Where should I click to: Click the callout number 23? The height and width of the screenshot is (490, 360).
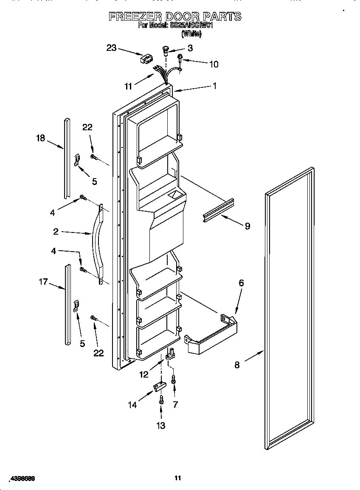[111, 48]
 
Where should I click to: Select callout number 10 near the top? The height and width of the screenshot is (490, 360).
[214, 64]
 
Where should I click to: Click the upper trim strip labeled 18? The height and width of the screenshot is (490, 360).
[67, 157]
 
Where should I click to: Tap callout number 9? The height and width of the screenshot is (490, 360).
[247, 226]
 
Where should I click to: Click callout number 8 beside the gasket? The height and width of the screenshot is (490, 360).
[237, 364]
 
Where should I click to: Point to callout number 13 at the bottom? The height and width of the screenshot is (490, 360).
[161, 426]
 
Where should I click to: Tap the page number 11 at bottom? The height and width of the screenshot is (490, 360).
[178, 478]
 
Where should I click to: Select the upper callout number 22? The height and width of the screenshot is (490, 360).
[87, 127]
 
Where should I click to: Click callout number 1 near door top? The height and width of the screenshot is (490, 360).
[214, 86]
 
